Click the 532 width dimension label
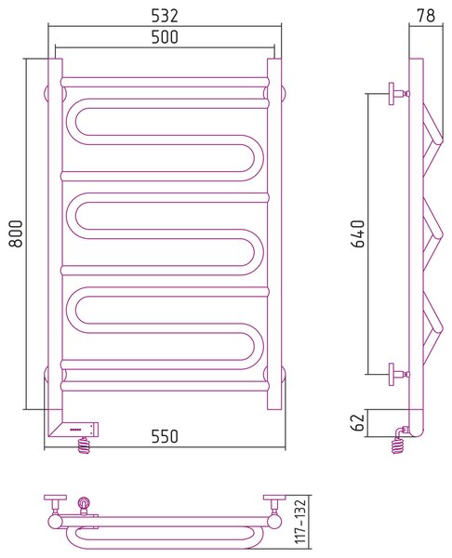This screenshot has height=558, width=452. click(x=165, y=16)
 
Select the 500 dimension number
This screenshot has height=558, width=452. click(x=165, y=37)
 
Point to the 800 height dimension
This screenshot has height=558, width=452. click(x=16, y=233)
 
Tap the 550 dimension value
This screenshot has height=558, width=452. click(x=165, y=436)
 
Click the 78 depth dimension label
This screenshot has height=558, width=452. click(x=426, y=16)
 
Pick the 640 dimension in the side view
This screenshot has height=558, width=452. click(x=358, y=233)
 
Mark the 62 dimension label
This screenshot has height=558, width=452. click(x=358, y=422)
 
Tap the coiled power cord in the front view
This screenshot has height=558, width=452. click(x=85, y=445)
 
